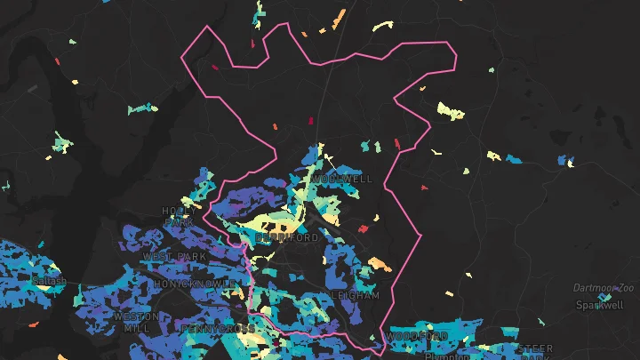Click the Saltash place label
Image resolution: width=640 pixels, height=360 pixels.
(49, 281)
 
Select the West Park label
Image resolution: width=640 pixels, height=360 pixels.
(174, 257)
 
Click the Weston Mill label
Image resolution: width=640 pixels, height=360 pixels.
(137, 322)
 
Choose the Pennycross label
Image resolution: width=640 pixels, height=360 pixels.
(217, 329)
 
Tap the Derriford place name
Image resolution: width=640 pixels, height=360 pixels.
(286, 238)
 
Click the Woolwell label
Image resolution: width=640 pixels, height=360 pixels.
(342, 179)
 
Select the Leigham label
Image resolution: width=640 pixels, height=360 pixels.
(355, 295)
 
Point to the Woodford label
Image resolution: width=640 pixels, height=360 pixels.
(417, 337)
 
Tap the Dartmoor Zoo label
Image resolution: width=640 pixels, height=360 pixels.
(604, 289)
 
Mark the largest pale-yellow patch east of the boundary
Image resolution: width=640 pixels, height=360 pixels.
(451, 112)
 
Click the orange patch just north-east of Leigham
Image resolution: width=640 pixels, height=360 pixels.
(380, 264)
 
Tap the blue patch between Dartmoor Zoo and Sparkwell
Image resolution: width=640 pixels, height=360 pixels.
(604, 297)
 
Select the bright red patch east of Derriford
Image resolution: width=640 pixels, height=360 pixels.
(363, 228)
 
